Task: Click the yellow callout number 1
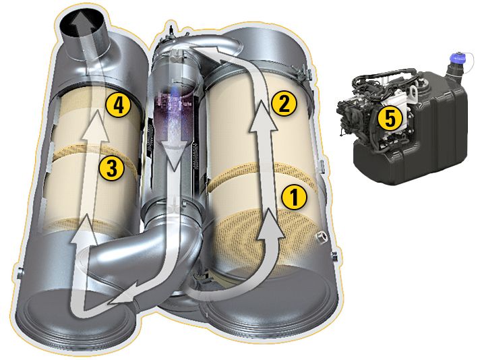click(x=294, y=197)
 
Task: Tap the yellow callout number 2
click(x=283, y=103)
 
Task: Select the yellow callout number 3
click(x=111, y=168)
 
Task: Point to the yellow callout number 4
click(x=119, y=104)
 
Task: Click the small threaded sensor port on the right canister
click(x=320, y=236)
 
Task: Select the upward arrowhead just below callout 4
click(x=96, y=125)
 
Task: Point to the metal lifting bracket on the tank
click(x=413, y=92)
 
